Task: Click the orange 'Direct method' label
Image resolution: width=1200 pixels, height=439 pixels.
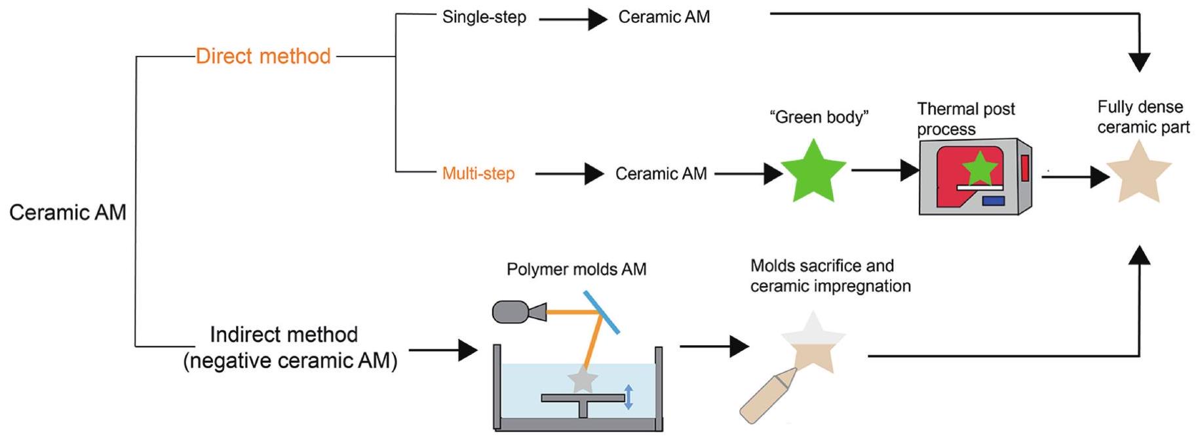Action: coord(263,56)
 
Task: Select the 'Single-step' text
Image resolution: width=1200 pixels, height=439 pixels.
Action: coord(484,17)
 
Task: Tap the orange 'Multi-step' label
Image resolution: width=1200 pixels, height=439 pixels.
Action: coord(478,174)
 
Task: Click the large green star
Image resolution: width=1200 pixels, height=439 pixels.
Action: coord(813,172)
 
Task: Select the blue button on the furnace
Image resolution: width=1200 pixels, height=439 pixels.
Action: coord(994,200)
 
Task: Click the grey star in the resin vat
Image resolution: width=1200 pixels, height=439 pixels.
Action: coord(582,380)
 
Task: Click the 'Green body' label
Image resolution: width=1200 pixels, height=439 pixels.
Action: coord(819,117)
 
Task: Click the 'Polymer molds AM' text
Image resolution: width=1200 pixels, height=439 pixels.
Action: coord(576,269)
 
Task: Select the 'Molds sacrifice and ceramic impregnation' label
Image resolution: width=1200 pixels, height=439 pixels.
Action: coord(830,276)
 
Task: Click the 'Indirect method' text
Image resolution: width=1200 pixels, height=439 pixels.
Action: coord(284,335)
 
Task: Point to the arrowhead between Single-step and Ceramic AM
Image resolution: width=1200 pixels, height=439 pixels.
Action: coord(596,20)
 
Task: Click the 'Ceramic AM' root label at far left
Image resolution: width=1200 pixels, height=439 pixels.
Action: coord(68,213)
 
